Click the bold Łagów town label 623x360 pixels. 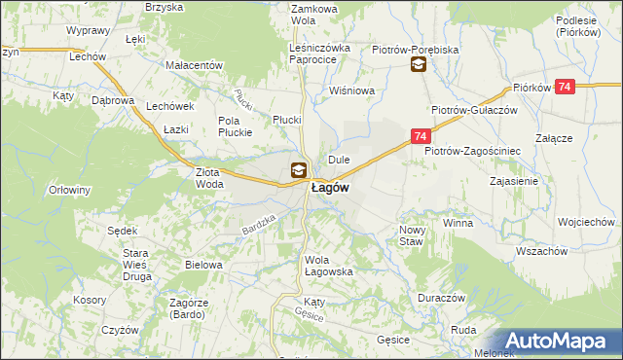tap(330, 188)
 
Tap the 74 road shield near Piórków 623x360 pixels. tap(568, 88)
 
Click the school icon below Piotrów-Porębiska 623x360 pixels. tap(418, 65)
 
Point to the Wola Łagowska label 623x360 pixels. tap(328, 266)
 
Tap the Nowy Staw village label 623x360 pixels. tap(412, 235)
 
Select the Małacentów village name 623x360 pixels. tap(195, 65)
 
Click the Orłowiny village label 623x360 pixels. tap(70, 190)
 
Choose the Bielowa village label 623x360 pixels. tap(203, 265)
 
